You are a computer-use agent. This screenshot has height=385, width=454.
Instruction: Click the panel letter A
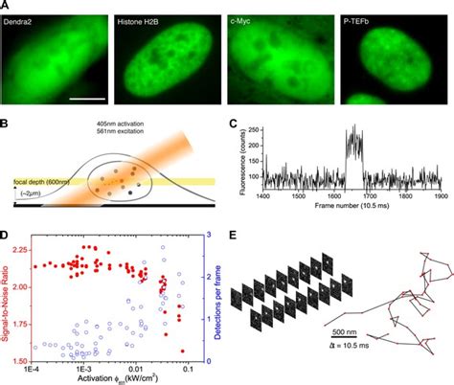click(x=6, y=6)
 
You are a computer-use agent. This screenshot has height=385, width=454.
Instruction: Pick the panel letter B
click(x=6, y=124)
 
